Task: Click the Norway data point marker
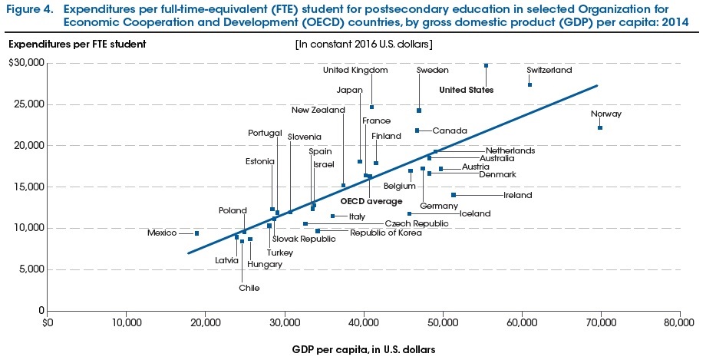click(x=600, y=127)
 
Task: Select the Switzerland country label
click(x=549, y=70)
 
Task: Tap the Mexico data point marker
click(x=196, y=233)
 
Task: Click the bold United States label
click(x=466, y=90)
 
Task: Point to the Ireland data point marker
click(x=454, y=195)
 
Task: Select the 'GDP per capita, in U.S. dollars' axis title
click(x=363, y=350)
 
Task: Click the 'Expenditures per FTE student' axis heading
click(x=77, y=42)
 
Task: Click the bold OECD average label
click(x=371, y=201)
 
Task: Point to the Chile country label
click(x=249, y=288)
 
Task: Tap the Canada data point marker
click(x=417, y=130)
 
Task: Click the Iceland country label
click(x=474, y=213)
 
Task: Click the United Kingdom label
click(x=355, y=70)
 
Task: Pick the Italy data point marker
click(x=332, y=216)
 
